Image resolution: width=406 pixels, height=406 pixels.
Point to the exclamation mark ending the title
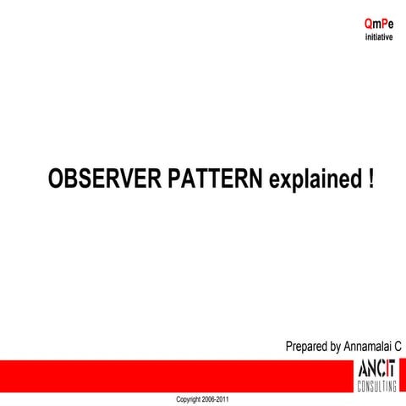(x=370, y=179)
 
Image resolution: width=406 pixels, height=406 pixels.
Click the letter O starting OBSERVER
(x=56, y=179)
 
